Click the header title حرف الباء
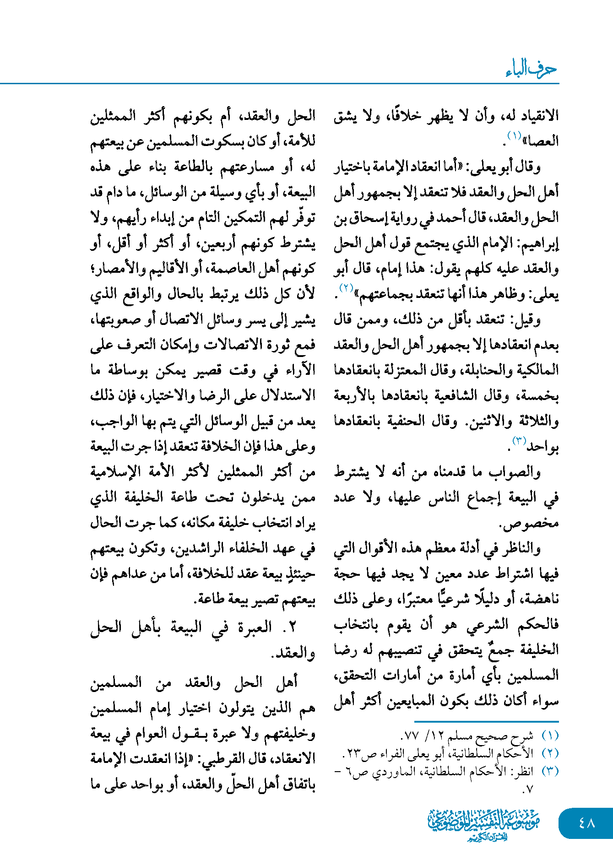(x=531, y=69)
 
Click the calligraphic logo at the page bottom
(x=484, y=824)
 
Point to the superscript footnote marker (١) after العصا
(x=514, y=135)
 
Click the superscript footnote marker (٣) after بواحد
(x=519, y=441)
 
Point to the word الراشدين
(x=201, y=548)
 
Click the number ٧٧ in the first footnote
(x=411, y=735)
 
